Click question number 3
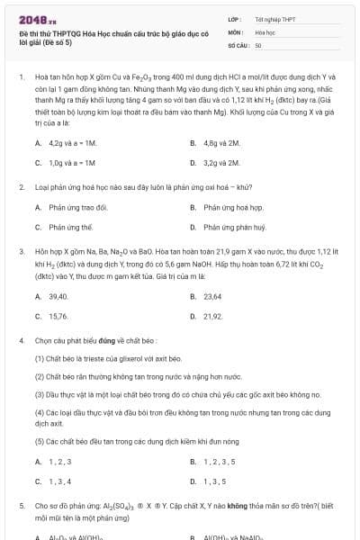[x=21, y=254]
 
